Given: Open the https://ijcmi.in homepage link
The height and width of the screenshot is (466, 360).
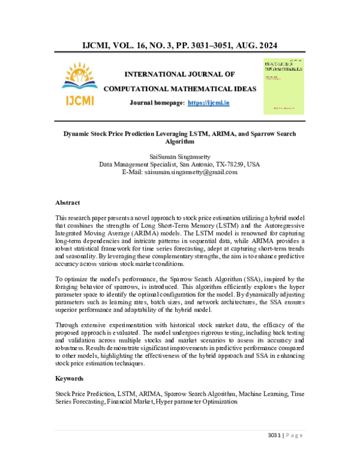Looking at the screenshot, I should point(208,103).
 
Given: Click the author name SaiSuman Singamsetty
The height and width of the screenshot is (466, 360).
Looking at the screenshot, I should point(179,155).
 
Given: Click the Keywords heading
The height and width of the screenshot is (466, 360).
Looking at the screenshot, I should point(70,379).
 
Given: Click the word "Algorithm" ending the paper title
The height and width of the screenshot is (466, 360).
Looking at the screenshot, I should point(179,142).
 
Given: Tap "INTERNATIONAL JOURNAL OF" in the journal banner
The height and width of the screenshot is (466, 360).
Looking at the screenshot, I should point(179,74).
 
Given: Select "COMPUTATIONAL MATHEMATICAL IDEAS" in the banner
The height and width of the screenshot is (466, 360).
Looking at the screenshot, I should point(180,89).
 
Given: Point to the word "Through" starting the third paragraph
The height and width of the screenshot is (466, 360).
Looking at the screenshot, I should point(68,325).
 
